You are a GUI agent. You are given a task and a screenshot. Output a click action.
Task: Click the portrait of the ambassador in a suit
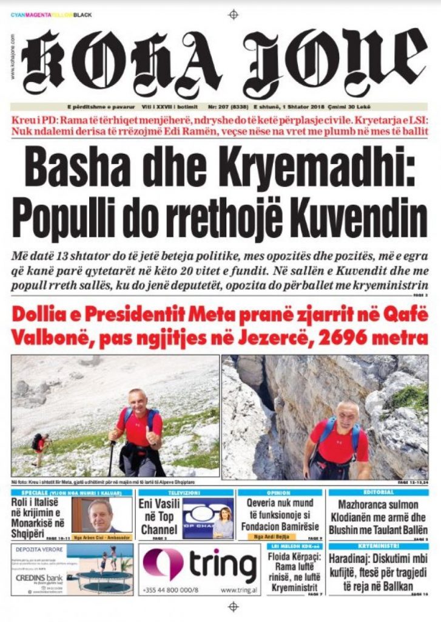coord(99,516)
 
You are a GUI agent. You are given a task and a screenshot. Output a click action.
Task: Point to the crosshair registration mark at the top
coord(233,14)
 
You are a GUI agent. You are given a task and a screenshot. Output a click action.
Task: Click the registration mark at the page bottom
coord(233,606)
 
